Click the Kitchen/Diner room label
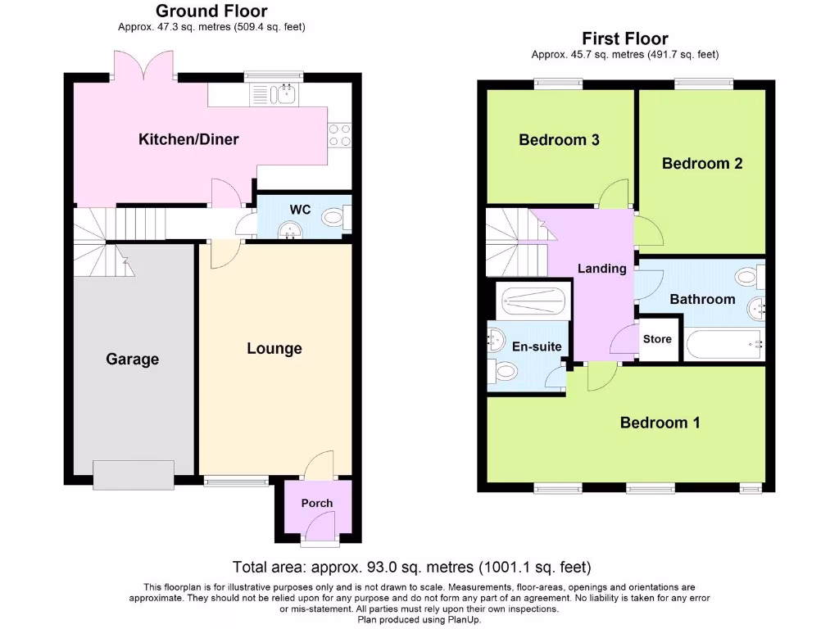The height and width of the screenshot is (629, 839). (188, 139)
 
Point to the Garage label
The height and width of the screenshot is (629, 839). (132, 359)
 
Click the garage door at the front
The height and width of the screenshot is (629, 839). (134, 474)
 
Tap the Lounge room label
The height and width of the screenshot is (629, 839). (274, 348)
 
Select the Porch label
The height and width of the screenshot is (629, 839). (317, 503)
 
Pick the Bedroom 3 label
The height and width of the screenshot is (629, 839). (559, 140)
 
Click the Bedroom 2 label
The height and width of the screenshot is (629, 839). (702, 163)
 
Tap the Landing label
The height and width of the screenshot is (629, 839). (602, 269)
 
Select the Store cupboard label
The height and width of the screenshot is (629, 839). (657, 339)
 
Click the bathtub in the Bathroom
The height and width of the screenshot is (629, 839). (724, 344)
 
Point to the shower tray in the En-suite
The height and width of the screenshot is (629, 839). (534, 301)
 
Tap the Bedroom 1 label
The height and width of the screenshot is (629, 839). (660, 423)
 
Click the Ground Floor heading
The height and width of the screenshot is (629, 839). (211, 11)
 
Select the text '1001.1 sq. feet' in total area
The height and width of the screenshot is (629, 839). (537, 567)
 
